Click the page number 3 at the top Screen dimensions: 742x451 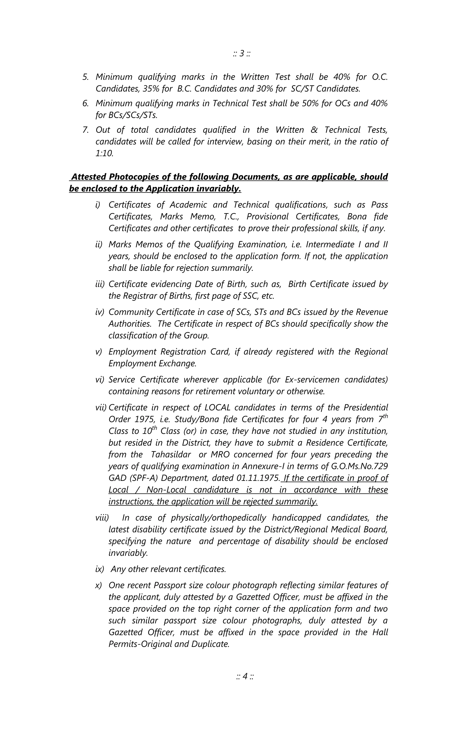coord(242,54)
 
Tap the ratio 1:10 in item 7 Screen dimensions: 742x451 coord(104,154)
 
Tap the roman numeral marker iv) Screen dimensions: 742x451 coord(100,312)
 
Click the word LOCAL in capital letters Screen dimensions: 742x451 coord(217,408)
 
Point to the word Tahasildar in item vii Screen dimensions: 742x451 coord(171,455)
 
